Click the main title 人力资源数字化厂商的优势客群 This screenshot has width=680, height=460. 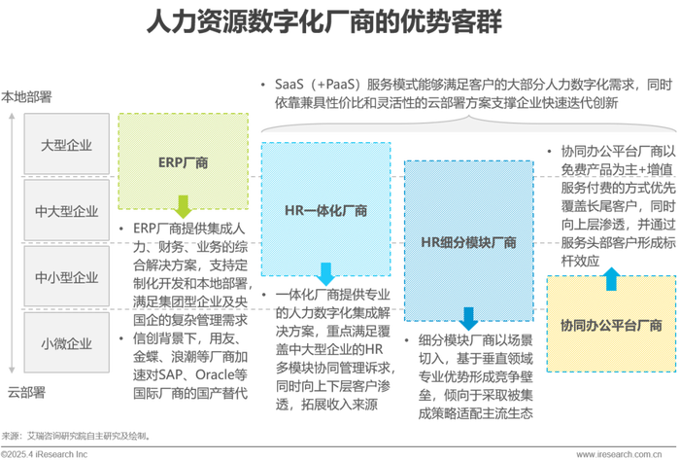[x=323, y=21]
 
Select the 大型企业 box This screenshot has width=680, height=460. [x=66, y=144]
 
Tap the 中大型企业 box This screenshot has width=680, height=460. [x=66, y=210]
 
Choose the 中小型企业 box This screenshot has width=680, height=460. [x=66, y=276]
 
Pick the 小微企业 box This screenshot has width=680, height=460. [x=66, y=343]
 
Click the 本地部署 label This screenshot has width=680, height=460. [x=26, y=96]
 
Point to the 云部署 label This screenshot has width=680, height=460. [x=26, y=392]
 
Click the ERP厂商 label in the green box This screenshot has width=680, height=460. [x=183, y=162]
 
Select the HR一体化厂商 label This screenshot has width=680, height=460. [x=325, y=210]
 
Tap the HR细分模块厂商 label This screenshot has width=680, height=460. [x=469, y=242]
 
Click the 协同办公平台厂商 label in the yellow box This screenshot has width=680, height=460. [x=611, y=325]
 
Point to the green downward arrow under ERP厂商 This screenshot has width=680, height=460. [x=183, y=206]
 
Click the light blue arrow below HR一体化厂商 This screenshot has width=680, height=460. [x=325, y=274]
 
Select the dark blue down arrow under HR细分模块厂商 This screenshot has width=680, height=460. [x=468, y=319]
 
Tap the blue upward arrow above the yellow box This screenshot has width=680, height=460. [x=611, y=279]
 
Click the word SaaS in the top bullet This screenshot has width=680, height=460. [x=289, y=85]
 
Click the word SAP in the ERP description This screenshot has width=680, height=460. [x=170, y=374]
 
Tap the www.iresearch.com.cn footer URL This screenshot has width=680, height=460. [x=620, y=454]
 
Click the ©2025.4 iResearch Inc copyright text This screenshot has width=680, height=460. [x=45, y=454]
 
